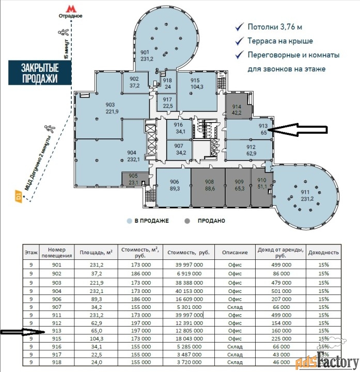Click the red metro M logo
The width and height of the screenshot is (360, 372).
point(71,9)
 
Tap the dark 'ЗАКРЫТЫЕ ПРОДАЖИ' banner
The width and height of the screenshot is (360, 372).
point(40,73)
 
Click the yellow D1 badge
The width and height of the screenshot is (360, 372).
point(19,196)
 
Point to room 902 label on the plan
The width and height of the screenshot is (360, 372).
point(134,82)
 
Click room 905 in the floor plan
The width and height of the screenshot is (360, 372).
point(133,179)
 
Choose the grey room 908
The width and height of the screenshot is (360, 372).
point(208,187)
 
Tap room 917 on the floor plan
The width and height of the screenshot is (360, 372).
point(167,102)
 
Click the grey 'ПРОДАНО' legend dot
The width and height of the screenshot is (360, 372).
point(187,221)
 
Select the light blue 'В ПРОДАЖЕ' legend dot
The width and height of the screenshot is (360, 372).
point(129,221)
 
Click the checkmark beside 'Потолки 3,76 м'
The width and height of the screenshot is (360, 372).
point(239,27)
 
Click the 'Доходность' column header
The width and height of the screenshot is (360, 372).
point(323,253)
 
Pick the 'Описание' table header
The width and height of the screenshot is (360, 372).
point(235,253)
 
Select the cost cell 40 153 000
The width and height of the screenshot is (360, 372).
point(189,291)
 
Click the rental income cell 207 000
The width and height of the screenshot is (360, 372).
point(281,299)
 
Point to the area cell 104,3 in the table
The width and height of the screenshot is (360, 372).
point(96,338)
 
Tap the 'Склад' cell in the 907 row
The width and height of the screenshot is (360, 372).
point(235,307)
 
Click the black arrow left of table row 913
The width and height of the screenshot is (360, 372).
point(23,332)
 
